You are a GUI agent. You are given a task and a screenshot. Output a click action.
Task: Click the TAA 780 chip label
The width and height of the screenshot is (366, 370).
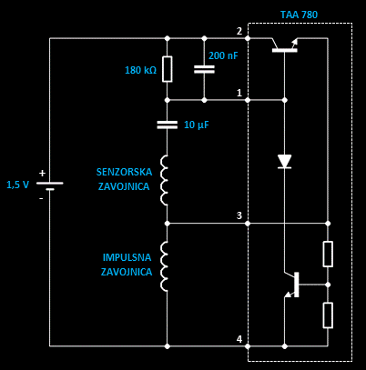tap(299, 15)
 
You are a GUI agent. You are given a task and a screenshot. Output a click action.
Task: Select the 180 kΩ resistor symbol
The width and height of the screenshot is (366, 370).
tap(168, 69)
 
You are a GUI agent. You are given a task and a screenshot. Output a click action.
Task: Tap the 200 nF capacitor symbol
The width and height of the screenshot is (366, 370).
tap(204, 69)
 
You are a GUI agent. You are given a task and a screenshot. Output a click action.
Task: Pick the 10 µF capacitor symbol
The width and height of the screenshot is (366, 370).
tap(168, 125)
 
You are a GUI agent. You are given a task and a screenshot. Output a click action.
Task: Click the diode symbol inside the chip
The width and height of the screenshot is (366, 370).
tap(285, 161)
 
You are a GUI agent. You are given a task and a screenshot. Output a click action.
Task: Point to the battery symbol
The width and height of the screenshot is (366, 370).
tap(50, 185)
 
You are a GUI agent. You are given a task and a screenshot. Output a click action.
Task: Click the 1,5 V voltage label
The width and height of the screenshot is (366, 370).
tap(18, 185)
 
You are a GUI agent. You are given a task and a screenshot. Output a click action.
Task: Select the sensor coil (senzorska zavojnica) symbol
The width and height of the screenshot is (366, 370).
tap(164, 181)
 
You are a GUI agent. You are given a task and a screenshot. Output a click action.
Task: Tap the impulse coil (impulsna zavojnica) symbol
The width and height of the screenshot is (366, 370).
tap(164, 266)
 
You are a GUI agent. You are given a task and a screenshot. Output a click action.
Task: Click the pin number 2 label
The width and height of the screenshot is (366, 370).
tap(239, 31)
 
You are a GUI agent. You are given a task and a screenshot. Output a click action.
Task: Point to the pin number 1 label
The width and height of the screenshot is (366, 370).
tap(239, 93)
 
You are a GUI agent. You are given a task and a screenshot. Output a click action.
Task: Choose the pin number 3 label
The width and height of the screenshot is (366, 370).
tap(239, 215)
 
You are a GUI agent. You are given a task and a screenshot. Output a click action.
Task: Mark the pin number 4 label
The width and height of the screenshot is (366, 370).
tap(239, 339)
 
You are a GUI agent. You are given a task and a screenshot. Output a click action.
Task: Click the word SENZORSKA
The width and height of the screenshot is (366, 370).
tap(124, 172)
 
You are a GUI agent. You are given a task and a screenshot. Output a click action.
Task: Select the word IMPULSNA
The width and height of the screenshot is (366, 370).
tap(127, 257)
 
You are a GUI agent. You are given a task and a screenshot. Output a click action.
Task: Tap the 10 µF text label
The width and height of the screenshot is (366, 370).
tap(197, 125)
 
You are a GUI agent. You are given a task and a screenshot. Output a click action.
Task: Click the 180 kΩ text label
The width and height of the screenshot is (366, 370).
tap(141, 70)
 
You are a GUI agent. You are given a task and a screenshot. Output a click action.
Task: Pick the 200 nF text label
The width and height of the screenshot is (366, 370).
tap(223, 55)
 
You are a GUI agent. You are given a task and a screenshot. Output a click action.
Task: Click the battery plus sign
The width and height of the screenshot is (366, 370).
tap(42, 174)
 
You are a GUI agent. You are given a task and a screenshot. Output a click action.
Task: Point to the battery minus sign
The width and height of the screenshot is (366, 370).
tap(41, 198)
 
